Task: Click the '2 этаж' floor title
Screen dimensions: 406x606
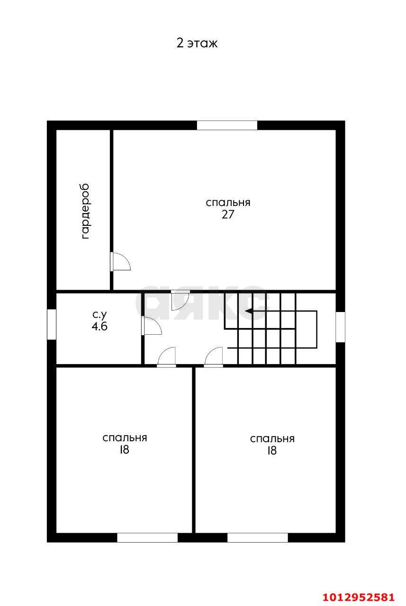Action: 197,43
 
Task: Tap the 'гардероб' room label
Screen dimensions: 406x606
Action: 85,211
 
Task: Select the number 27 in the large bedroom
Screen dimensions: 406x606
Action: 228,214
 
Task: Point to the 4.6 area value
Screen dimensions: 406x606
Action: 99,326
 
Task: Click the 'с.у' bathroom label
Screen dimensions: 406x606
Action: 99,315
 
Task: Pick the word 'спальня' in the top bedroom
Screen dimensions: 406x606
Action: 228,203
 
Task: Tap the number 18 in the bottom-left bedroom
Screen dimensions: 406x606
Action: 125,450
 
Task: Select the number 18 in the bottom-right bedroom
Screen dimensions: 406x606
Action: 272,450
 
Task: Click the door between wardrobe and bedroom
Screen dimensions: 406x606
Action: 120,261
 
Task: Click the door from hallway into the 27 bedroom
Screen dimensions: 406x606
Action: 180,300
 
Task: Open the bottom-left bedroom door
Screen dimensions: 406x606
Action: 167,357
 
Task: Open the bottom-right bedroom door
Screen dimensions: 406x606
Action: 214,357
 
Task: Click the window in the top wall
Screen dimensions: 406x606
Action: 227,125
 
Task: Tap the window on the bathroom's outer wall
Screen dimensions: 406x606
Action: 52,324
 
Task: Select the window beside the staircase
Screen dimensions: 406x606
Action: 341,327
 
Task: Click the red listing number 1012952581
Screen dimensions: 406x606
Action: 359,597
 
